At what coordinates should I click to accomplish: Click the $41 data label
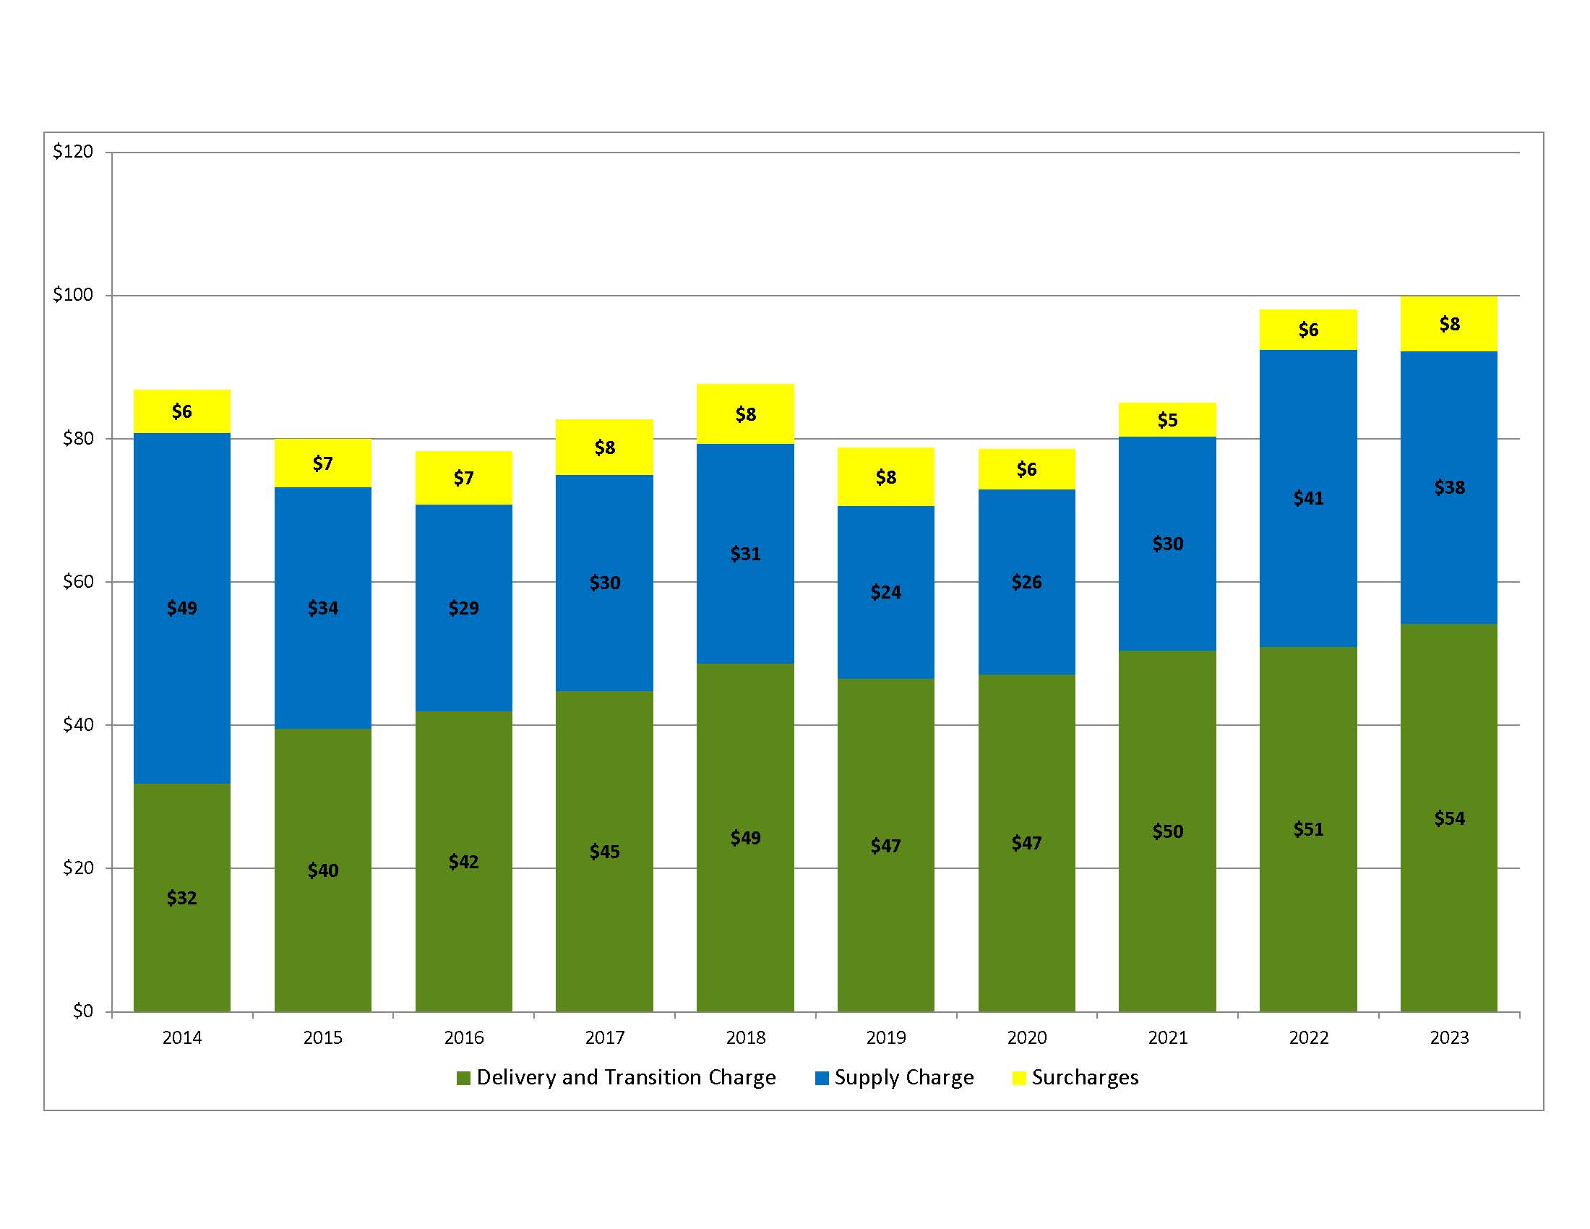(x=1308, y=499)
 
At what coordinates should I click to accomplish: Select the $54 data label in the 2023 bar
(x=1449, y=818)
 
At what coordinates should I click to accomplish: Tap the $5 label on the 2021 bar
(x=1167, y=420)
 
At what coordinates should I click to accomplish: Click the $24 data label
(x=886, y=592)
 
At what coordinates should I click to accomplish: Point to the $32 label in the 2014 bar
(x=182, y=898)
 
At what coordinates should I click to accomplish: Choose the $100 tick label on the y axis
(x=73, y=295)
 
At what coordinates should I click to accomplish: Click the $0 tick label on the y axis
(x=82, y=1011)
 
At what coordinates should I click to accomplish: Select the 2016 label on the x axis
(x=464, y=1038)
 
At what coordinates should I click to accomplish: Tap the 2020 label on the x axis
(x=1026, y=1038)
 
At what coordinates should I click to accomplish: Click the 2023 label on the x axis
(x=1449, y=1038)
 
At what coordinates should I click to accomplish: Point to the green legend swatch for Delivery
(x=464, y=1079)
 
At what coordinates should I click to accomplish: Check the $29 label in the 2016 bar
(x=464, y=608)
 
